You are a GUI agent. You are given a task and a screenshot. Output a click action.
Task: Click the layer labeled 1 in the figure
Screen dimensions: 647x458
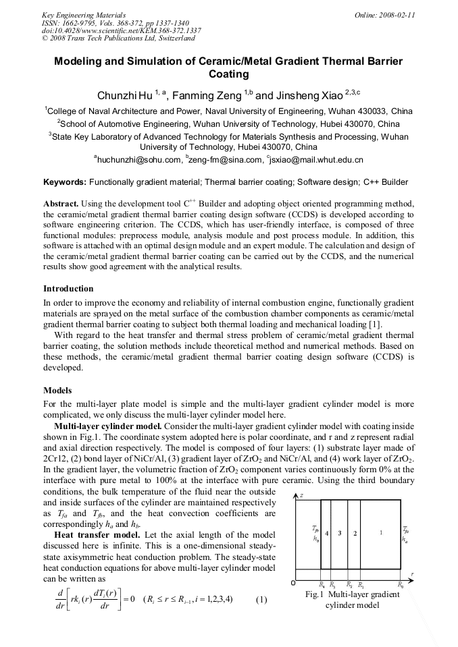tap(380, 533)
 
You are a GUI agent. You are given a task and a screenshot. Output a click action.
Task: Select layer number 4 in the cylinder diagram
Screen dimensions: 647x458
tap(327, 533)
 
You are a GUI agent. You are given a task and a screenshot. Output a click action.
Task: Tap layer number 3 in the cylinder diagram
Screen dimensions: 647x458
tap(340, 533)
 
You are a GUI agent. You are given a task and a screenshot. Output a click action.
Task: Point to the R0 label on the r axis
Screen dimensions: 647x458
tap(401, 585)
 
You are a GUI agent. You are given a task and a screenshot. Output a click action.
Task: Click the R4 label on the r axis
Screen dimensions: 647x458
tap(322, 585)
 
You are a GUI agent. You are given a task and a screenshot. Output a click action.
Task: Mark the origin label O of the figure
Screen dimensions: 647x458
tap(293, 582)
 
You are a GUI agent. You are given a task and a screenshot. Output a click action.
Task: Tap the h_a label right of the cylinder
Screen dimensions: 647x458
tap(405, 539)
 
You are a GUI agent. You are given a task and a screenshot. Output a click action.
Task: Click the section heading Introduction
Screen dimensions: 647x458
tap(68, 289)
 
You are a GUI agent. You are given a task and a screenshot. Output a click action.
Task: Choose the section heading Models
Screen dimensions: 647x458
tap(59, 391)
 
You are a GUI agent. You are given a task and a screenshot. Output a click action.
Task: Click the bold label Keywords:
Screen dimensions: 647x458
tap(65, 182)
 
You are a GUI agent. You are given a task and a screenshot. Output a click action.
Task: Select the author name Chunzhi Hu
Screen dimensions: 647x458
tap(125, 96)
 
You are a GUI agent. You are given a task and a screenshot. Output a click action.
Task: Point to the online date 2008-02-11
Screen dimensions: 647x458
tap(397, 14)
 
